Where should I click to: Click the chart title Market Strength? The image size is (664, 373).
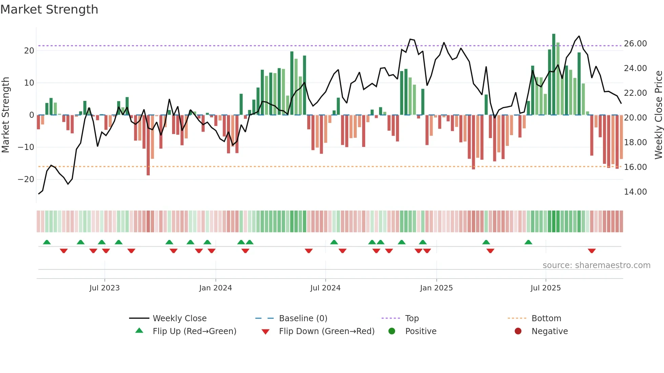point(49,9)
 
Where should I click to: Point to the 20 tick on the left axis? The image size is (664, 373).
point(29,51)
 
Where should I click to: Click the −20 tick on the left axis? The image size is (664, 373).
point(26,179)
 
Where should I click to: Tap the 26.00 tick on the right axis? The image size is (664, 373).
point(635,44)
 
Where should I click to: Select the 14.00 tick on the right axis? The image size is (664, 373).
point(635,192)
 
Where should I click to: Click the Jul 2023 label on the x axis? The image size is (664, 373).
point(104,288)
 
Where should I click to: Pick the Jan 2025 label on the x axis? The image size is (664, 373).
point(436,288)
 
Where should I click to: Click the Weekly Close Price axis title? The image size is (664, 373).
point(658,115)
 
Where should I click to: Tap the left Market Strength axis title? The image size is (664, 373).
point(5,115)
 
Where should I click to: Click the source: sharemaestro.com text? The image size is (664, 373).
point(596,265)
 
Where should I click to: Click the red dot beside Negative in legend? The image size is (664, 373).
point(518,331)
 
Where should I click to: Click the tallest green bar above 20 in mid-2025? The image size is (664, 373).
point(554,74)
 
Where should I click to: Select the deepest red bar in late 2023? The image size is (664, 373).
point(148,146)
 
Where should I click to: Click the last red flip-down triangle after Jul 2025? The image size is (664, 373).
point(592,251)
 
